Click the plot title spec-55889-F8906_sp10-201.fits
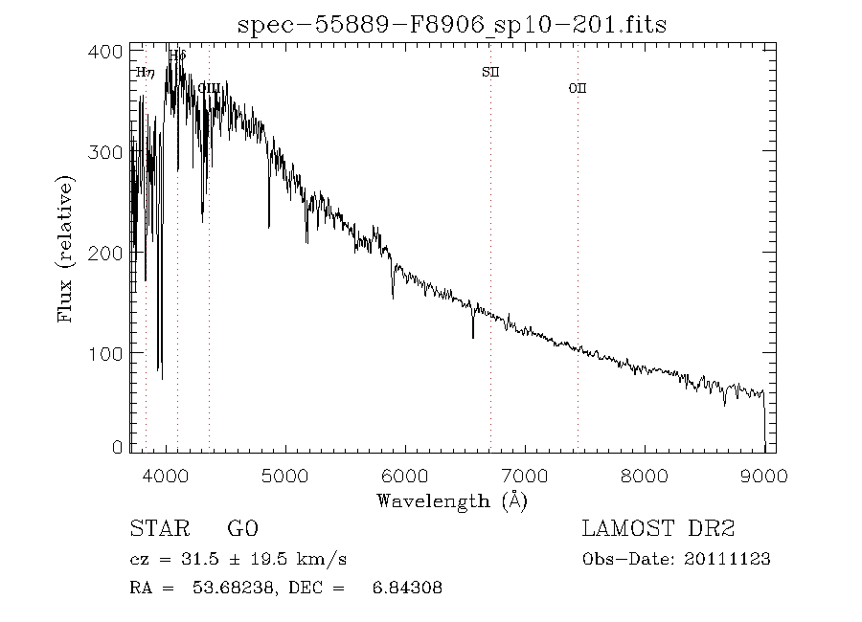tap(452, 25)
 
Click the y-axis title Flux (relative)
tap(66, 249)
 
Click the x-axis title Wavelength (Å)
tap(452, 500)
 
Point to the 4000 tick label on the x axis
tap(167, 476)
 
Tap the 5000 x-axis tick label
tap(286, 476)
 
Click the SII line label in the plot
tap(490, 72)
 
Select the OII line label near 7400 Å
tap(578, 88)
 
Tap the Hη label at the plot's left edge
tap(146, 72)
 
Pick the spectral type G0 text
tap(242, 529)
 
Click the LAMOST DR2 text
tap(658, 529)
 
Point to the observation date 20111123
tap(730, 560)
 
